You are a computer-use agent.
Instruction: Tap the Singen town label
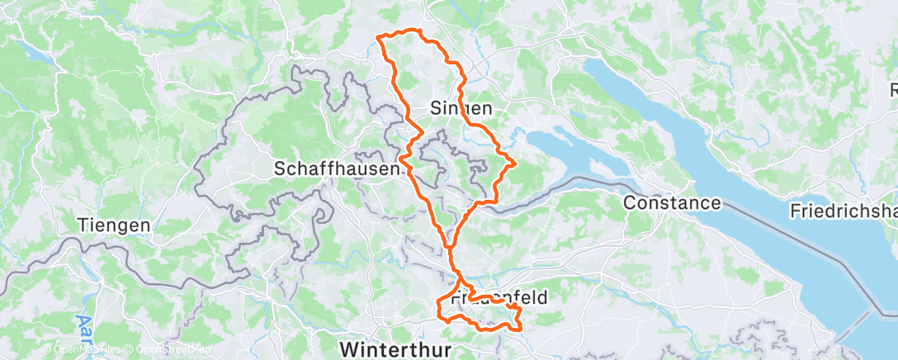click(x=461, y=108)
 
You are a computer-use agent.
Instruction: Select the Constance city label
click(x=673, y=202)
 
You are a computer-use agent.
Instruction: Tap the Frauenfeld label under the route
click(x=499, y=297)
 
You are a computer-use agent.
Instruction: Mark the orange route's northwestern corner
click(x=378, y=37)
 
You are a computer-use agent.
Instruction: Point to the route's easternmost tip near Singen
click(x=516, y=162)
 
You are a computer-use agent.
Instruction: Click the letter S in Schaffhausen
click(x=280, y=168)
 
